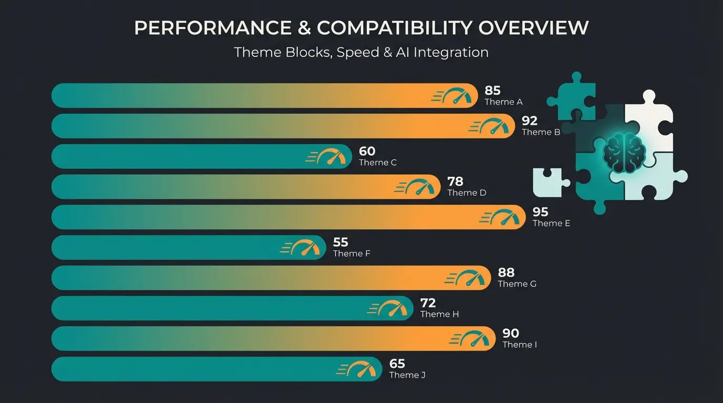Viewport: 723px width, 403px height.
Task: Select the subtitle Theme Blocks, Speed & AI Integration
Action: click(x=361, y=52)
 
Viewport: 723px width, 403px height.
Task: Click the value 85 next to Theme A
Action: click(x=492, y=91)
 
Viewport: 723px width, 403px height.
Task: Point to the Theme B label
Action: click(x=541, y=132)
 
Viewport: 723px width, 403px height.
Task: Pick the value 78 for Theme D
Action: click(x=455, y=182)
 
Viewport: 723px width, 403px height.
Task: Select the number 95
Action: click(x=540, y=212)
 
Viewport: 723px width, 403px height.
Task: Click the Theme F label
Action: click(x=352, y=253)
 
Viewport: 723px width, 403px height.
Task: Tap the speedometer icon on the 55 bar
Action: click(x=303, y=248)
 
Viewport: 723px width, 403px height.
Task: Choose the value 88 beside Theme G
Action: click(x=506, y=273)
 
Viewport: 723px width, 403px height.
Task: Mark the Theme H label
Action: click(x=439, y=314)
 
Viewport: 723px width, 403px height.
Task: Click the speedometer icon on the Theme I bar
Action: click(x=472, y=338)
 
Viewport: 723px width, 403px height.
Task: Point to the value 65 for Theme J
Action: click(x=397, y=364)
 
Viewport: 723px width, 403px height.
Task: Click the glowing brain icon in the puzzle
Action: click(x=624, y=152)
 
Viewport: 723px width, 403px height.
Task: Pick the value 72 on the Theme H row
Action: click(x=428, y=303)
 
